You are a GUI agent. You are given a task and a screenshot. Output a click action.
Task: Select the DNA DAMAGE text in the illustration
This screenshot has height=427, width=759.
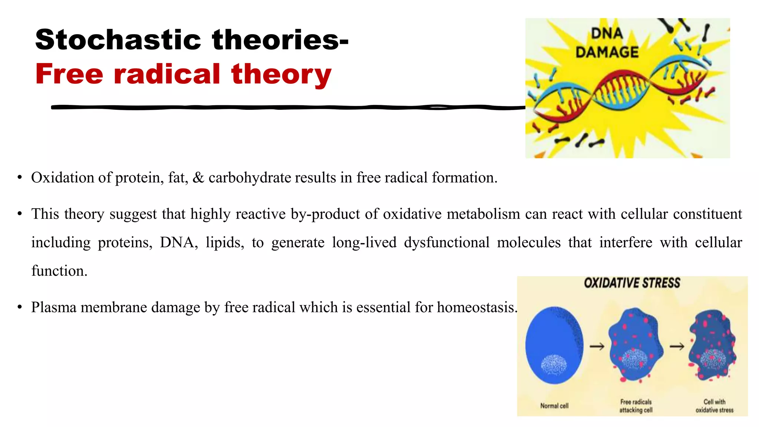607,43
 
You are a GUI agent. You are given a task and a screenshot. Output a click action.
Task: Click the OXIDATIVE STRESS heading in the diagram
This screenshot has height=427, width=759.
632,283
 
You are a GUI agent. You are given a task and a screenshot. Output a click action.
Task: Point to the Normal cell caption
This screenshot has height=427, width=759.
554,406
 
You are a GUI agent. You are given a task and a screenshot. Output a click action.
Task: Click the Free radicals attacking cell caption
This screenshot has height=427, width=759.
636,406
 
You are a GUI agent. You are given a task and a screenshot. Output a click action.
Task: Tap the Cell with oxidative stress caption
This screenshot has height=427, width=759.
714,406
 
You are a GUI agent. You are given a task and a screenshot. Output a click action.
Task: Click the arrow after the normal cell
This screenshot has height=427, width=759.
597,347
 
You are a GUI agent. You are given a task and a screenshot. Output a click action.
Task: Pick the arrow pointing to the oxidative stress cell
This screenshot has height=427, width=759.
677,347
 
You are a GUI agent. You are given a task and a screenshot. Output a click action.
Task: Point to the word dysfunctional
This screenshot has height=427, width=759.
447,243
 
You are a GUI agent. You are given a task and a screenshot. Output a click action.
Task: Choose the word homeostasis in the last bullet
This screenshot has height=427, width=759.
477,307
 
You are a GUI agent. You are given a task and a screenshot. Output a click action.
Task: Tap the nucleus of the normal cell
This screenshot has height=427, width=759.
554,365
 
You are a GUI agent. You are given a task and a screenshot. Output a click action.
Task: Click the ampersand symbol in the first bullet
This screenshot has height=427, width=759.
198,178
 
